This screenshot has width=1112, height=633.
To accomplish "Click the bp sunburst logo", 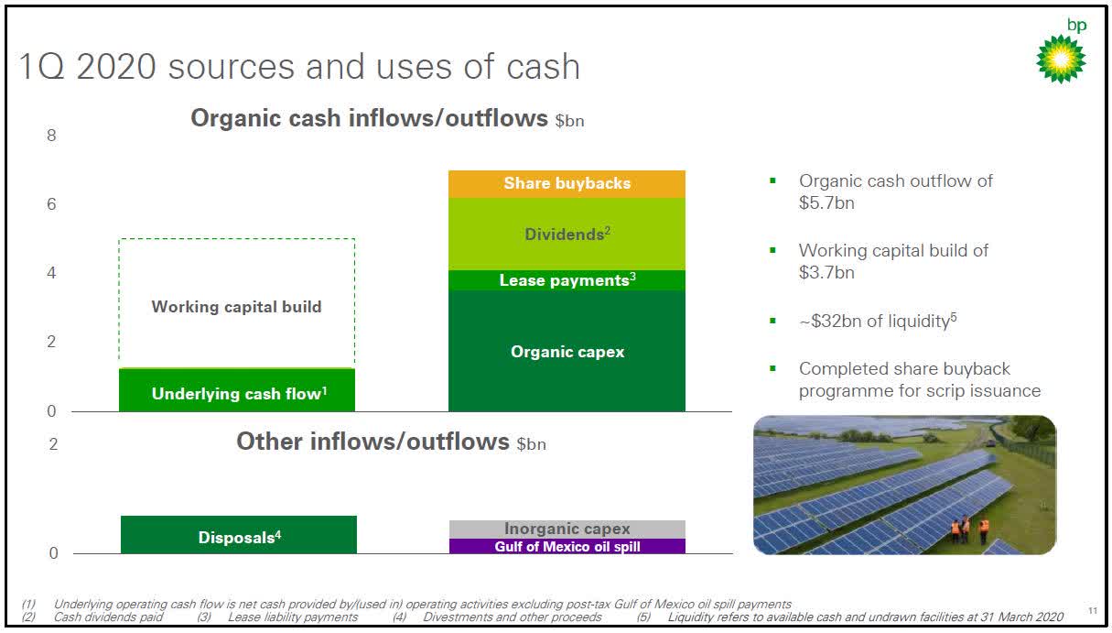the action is [1061, 59].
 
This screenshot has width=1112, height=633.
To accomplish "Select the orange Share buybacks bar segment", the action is [567, 183].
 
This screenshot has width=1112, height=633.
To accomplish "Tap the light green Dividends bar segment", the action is [567, 234].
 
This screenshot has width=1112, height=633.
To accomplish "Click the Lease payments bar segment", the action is [567, 280].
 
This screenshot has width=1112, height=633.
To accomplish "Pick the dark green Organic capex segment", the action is [567, 351].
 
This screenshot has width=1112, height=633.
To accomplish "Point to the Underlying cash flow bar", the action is [237, 392].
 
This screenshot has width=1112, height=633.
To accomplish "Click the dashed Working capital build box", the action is [237, 305].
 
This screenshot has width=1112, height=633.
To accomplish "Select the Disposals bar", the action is [238, 536].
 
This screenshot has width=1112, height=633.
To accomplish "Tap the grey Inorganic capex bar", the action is [567, 529].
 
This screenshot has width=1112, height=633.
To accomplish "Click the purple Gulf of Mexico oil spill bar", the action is [567, 547].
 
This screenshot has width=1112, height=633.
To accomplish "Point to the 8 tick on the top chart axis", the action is [52, 136].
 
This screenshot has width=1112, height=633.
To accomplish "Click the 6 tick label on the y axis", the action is [52, 204].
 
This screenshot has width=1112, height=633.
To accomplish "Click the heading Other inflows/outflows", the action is [372, 442].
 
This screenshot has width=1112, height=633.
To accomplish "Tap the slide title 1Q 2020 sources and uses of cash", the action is [300, 67].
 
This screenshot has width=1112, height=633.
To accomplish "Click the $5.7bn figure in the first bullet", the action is [826, 203].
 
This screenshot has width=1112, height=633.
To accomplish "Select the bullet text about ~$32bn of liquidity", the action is [877, 321].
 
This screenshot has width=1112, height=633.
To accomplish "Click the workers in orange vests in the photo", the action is [968, 529].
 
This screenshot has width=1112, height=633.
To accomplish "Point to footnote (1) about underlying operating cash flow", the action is [421, 604].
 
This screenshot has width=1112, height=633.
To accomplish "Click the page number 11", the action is [1092, 609].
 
